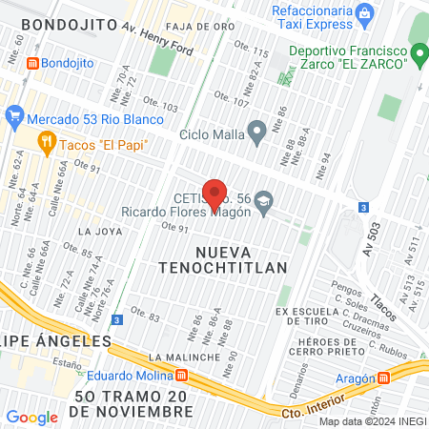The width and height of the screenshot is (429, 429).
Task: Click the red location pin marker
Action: (214, 194)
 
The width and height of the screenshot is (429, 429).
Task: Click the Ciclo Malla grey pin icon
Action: (255, 130)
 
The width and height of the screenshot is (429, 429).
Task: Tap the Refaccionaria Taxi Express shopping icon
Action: (362, 13)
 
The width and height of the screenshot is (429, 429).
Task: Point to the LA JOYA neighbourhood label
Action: (98, 231)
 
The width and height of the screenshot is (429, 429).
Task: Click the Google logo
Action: (31, 417)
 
